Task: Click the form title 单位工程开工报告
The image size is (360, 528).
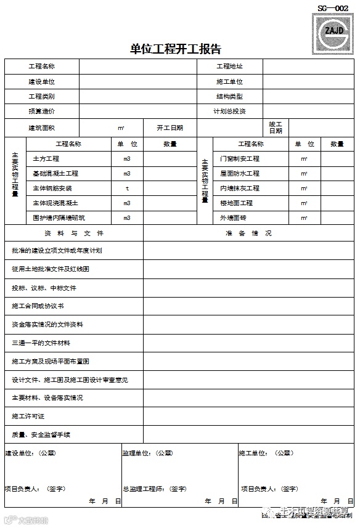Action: point(176,49)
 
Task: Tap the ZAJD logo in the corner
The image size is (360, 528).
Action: point(333,29)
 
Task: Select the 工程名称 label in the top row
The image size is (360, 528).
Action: point(41,67)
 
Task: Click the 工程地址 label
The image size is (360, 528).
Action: point(229,67)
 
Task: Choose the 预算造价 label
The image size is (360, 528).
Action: point(41,112)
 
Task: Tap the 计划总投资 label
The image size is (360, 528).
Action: point(229,112)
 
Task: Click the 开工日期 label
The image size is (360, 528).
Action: point(170,128)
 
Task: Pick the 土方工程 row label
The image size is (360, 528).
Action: point(46,159)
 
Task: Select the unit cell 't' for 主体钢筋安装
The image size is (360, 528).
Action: point(127,189)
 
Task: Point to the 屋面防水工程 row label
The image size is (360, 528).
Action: point(240,174)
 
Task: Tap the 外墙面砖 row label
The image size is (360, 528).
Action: point(233,218)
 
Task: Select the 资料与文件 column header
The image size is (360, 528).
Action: point(74,234)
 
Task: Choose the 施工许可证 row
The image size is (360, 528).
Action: point(28,416)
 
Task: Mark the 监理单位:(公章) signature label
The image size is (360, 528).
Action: point(147,453)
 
